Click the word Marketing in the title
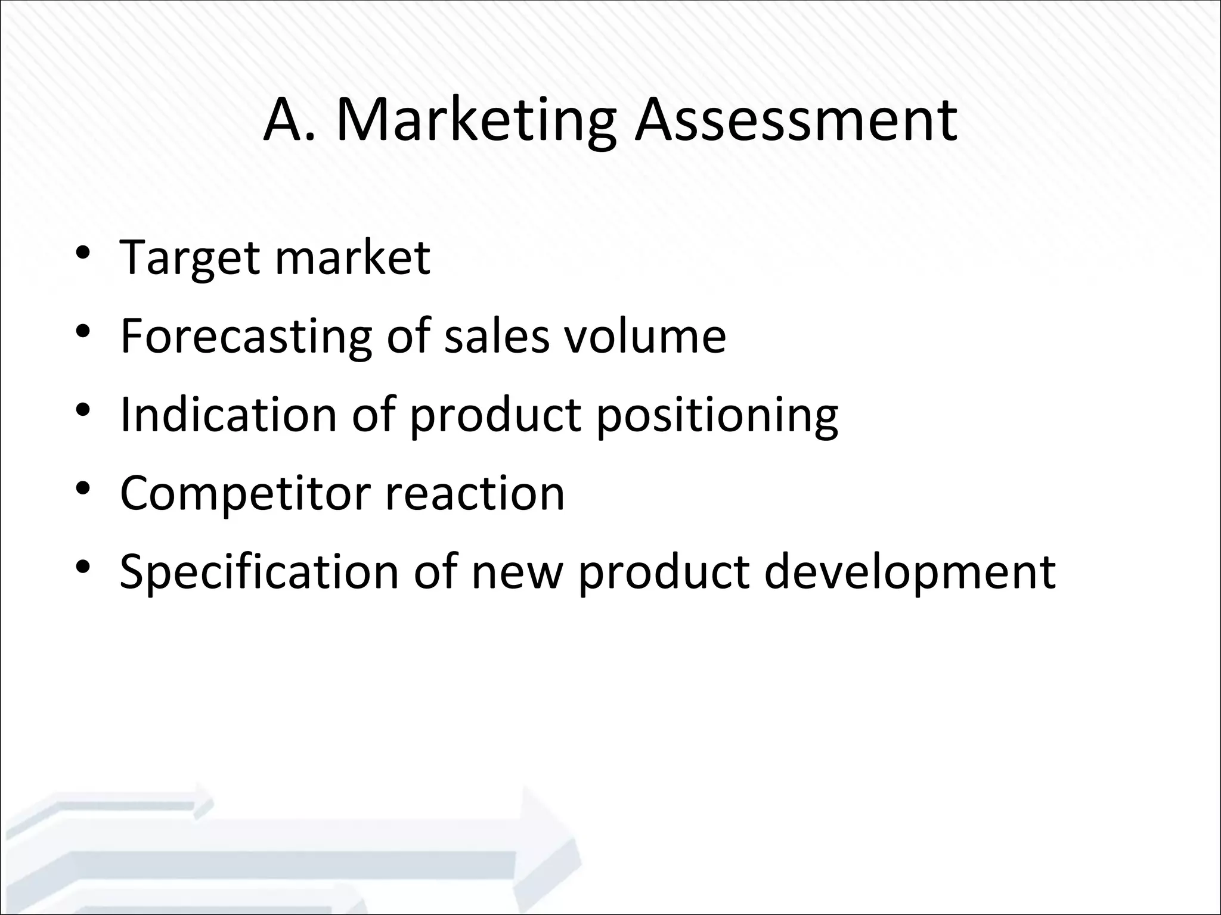(476, 121)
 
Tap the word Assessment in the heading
(795, 121)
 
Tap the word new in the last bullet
(517, 571)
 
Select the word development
(910, 572)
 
